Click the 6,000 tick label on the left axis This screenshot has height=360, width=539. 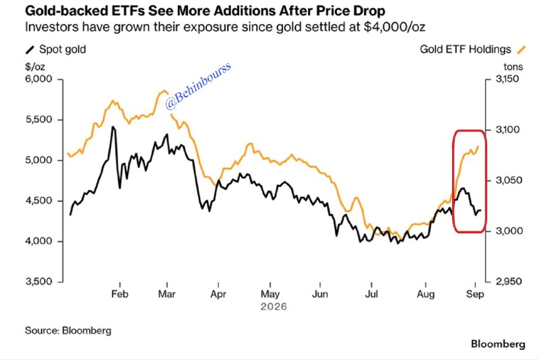coord(38,79)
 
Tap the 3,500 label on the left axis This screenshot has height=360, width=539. coord(38,282)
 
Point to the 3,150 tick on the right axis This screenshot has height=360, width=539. coord(507,79)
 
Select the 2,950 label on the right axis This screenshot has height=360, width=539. coord(507,282)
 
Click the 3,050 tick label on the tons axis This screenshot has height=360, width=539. coord(507,180)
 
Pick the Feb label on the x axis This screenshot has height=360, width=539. coord(120,295)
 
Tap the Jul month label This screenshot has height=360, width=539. coord(371,295)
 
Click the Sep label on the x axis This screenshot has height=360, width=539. coord(475,295)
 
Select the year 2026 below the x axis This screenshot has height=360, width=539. coord(274,306)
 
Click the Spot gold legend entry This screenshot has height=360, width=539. coord(56,49)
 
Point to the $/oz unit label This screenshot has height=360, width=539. coord(35,67)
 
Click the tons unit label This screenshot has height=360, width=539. coord(513,67)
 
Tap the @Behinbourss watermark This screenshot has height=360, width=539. coord(198,86)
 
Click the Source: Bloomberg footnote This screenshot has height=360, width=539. coord(68,331)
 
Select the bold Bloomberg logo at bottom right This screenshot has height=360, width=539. coord(498,344)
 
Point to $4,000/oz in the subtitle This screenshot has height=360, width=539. coord(394,27)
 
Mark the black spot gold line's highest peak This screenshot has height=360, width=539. coord(113,127)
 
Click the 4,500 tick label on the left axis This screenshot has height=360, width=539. coord(38,201)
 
